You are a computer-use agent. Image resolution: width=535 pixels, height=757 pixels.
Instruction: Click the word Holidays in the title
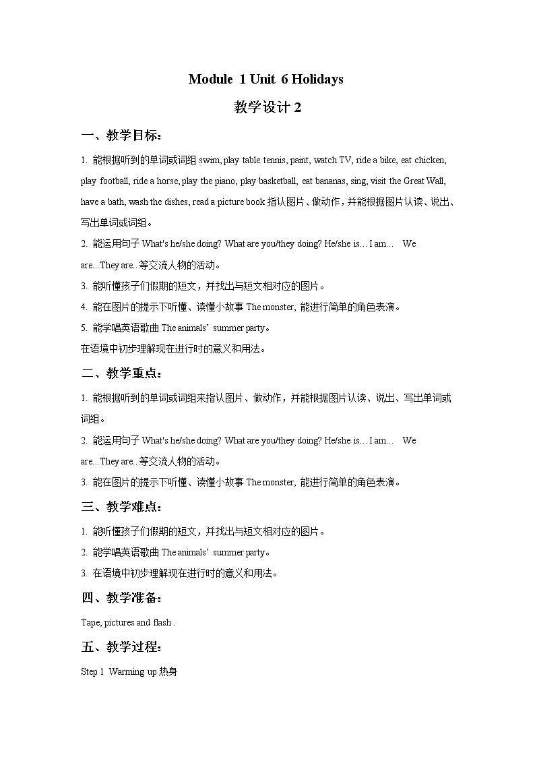[317, 80]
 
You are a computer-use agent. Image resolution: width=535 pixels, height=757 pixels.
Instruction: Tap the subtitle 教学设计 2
[267, 107]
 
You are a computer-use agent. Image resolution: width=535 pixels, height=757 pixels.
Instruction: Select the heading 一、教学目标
[121, 135]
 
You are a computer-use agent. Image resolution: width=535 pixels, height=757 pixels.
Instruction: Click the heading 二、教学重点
[121, 373]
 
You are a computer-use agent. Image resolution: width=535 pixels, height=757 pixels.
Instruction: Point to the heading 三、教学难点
[121, 507]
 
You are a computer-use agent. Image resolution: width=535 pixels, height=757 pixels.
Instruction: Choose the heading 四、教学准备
[121, 598]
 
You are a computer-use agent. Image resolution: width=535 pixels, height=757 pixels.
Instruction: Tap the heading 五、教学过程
[121, 648]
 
